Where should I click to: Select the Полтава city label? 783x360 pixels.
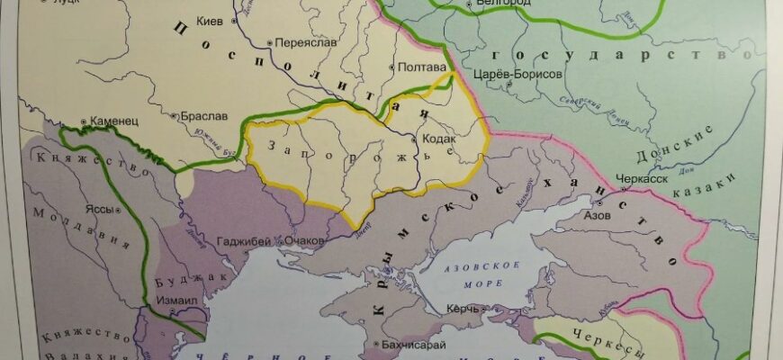click(x=421, y=67)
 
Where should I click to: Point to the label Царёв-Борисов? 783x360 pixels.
click(x=525, y=75)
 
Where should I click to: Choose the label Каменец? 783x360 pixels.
click(x=113, y=118)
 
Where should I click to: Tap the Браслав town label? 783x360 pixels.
click(x=203, y=116)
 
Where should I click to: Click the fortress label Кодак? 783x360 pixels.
click(x=438, y=139)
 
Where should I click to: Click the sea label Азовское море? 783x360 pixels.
click(x=482, y=274)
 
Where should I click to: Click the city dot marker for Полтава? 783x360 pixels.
click(x=391, y=67)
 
